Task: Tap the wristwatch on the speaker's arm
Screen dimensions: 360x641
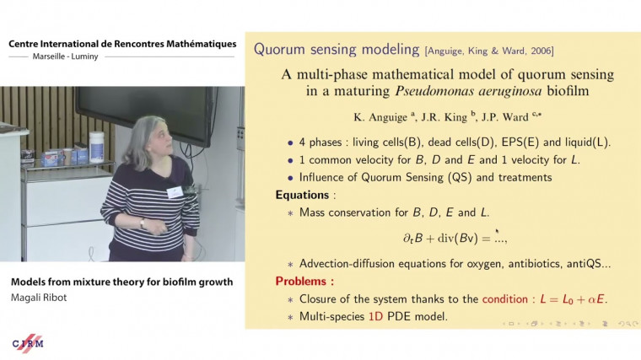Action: pos(143,223)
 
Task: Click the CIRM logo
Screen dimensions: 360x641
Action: pos(28,342)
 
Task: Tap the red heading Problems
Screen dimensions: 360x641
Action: pos(304,280)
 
